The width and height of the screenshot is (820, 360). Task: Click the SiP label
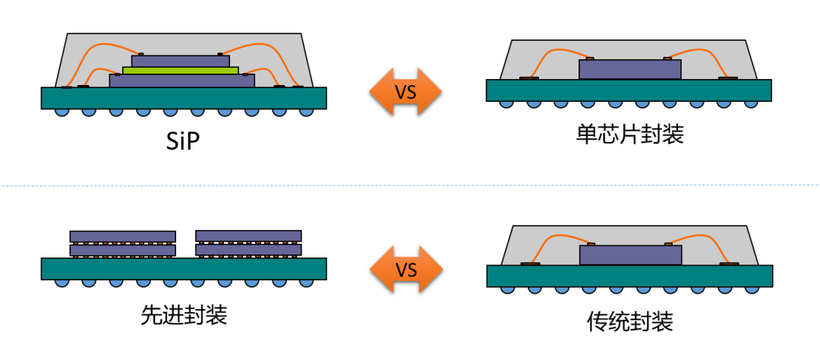point(183,141)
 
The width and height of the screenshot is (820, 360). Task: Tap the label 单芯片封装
point(629,135)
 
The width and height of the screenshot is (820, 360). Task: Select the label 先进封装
point(184,315)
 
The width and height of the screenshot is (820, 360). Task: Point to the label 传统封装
point(629,321)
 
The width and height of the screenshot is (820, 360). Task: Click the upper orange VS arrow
point(405,92)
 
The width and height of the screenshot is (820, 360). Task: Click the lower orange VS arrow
point(405,270)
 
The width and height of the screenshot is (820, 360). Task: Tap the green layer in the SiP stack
point(181,71)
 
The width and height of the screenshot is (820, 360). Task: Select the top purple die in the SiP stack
point(181,61)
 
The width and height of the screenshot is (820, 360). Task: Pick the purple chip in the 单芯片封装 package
point(629,69)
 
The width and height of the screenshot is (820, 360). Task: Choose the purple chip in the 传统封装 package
point(629,255)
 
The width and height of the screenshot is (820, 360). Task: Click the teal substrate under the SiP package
point(183,97)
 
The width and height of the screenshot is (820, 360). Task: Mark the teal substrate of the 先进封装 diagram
point(183,268)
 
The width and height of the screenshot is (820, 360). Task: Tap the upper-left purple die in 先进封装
point(123,235)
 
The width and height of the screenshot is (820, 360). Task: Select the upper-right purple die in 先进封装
point(248,235)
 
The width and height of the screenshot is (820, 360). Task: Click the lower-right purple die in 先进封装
point(248,249)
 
